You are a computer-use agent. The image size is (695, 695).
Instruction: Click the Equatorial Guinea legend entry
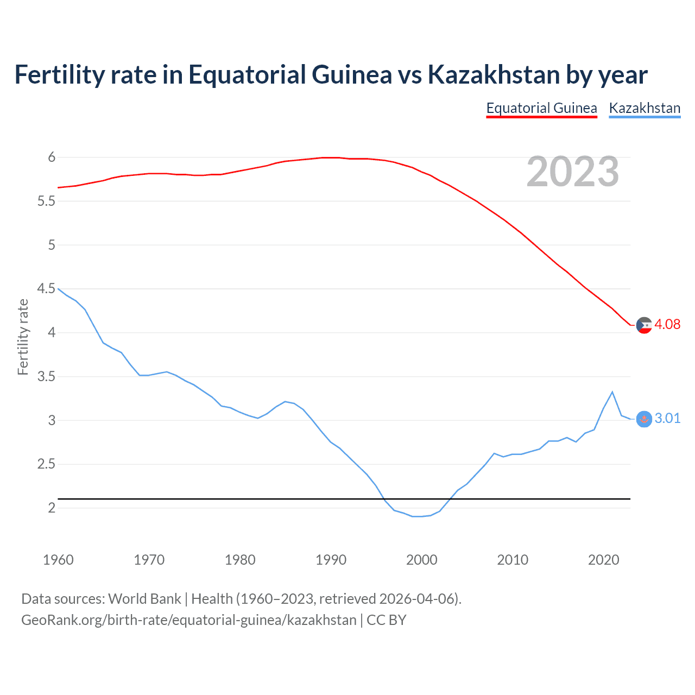click(x=541, y=108)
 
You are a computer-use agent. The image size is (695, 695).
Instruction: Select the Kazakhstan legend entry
click(x=645, y=108)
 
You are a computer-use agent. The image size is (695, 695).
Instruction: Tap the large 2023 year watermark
click(x=572, y=172)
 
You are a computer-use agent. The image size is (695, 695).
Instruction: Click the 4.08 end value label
click(x=667, y=324)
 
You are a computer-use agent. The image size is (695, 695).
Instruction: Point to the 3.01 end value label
click(x=667, y=418)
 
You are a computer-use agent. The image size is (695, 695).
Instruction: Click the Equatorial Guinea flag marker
click(x=644, y=325)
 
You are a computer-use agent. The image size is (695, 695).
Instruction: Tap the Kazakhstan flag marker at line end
click(x=644, y=419)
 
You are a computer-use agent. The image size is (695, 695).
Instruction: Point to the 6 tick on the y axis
click(x=52, y=157)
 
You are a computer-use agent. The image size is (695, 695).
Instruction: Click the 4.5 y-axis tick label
click(x=46, y=288)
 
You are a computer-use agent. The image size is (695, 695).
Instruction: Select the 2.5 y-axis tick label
click(x=46, y=464)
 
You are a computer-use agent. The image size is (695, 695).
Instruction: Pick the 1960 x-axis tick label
click(x=58, y=560)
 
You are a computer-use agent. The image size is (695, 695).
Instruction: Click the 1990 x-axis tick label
click(x=331, y=560)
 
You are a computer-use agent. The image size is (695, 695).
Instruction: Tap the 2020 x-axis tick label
click(x=603, y=560)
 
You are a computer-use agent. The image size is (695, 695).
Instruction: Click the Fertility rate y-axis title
click(x=23, y=337)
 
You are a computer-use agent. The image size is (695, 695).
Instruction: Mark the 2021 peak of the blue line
click(x=612, y=391)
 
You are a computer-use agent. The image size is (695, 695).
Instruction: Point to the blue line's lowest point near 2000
click(x=417, y=516)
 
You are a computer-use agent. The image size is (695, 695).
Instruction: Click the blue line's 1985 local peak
click(x=285, y=401)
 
